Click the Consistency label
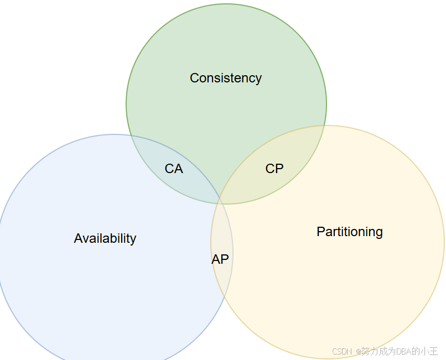click(226, 78)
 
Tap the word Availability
click(105, 238)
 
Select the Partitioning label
click(350, 232)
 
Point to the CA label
click(174, 169)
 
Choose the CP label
click(274, 169)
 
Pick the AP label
click(220, 259)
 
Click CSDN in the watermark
click(343, 351)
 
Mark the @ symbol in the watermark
click(358, 351)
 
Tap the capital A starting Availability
click(78, 238)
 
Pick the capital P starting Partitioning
click(320, 232)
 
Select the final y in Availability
click(133, 239)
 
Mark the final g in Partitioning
click(379, 233)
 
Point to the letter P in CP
click(279, 169)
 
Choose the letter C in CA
click(169, 169)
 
